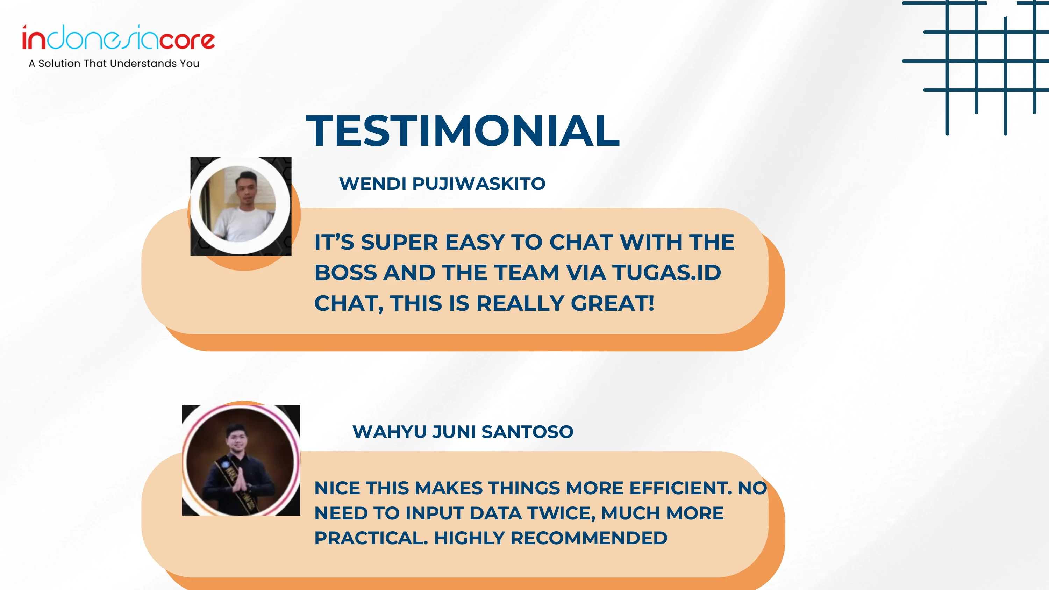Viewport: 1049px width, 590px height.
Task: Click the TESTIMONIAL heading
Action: [x=463, y=131]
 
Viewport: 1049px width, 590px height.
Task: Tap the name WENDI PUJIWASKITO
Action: [x=442, y=184]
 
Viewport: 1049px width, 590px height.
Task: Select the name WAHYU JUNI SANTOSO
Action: [x=463, y=432]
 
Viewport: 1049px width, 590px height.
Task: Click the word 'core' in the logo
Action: [x=187, y=40]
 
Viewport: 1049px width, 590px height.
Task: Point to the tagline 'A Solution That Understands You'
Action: [x=114, y=64]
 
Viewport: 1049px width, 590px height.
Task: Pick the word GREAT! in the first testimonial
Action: [x=613, y=303]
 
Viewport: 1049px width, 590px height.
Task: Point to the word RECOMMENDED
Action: [x=589, y=538]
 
